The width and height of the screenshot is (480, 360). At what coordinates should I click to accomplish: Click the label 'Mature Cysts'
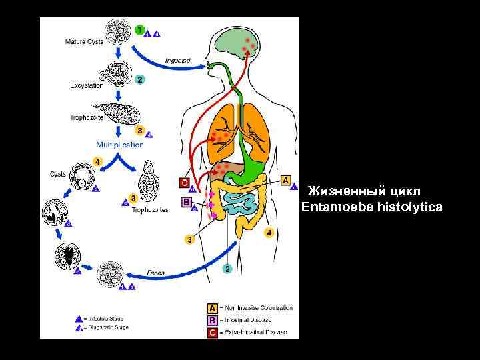click(84, 42)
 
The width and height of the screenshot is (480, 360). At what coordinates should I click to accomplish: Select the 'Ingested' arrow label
click(178, 61)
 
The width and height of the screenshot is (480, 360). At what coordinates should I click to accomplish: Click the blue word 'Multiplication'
click(120, 145)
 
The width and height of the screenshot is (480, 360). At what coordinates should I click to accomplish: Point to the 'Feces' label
click(156, 273)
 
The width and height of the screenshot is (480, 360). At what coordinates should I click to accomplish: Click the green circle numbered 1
click(139, 29)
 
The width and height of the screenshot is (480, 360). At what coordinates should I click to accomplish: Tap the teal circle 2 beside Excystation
click(139, 79)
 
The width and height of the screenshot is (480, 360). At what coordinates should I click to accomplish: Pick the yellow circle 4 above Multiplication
click(97, 161)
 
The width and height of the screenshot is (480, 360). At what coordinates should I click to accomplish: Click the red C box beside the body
click(185, 182)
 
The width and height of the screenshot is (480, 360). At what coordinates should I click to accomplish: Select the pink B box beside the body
click(186, 201)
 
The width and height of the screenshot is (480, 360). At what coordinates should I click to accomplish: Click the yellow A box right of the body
click(286, 180)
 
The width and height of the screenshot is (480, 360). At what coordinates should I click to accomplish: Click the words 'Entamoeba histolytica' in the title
click(371, 207)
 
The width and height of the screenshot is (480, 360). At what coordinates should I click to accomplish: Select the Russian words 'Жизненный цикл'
click(364, 192)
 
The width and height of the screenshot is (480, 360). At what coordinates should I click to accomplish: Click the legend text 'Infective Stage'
click(107, 319)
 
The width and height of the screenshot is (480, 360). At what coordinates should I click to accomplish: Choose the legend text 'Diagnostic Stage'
click(109, 327)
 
